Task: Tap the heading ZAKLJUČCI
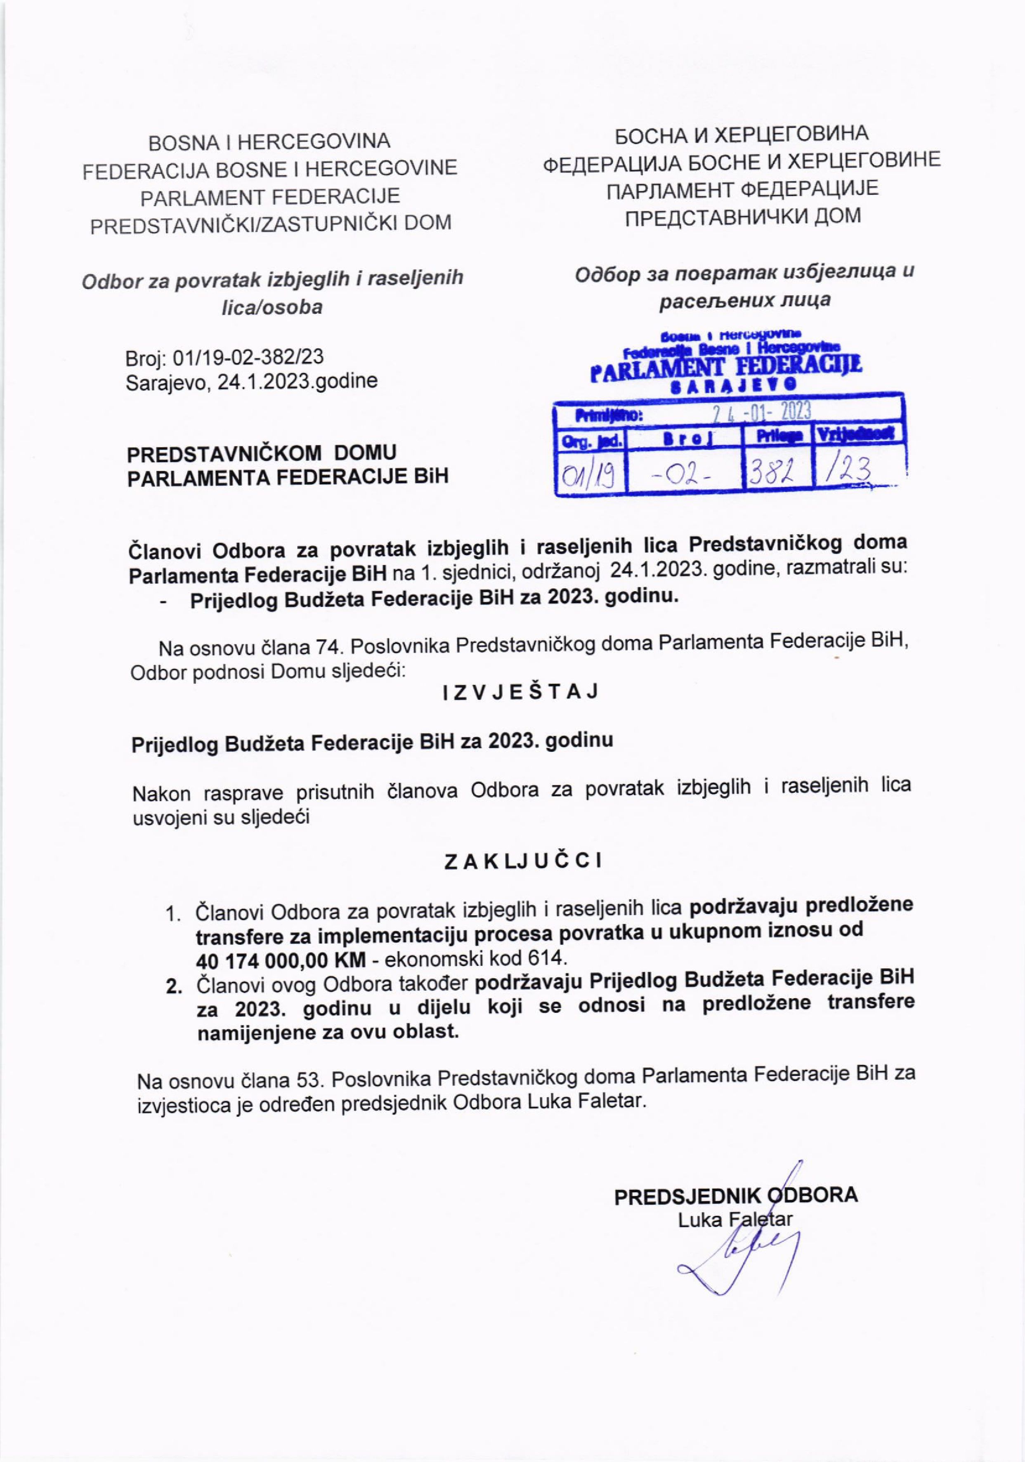523,861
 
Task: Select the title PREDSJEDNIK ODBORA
736,1195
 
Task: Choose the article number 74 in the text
328,648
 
